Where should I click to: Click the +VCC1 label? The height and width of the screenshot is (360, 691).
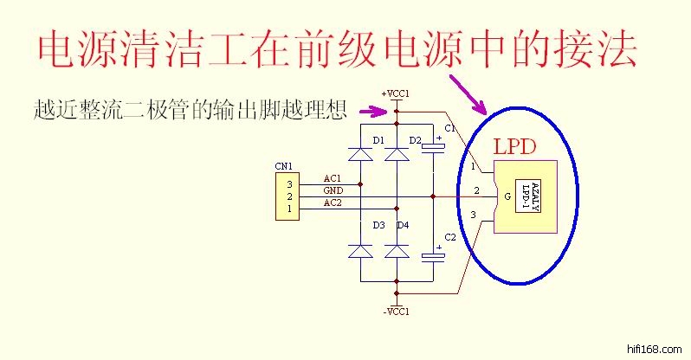[x=395, y=93]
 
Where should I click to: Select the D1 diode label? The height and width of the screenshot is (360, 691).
[x=378, y=139]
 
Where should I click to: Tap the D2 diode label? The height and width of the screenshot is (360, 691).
[x=415, y=139]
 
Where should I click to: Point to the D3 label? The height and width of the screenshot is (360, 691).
[x=378, y=225]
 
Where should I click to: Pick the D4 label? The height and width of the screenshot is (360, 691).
[x=403, y=225]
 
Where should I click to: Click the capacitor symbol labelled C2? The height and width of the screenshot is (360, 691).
[x=432, y=255]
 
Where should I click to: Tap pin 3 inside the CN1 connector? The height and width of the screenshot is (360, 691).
[x=290, y=183]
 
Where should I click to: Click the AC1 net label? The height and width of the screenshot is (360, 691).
[x=333, y=178]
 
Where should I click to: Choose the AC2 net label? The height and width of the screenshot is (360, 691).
[x=333, y=202]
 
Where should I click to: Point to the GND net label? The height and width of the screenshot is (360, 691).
[x=333, y=190]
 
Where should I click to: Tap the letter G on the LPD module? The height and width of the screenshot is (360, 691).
[x=507, y=197]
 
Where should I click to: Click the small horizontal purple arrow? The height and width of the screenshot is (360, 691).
[x=374, y=111]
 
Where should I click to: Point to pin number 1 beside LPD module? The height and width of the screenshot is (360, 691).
[x=473, y=166]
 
